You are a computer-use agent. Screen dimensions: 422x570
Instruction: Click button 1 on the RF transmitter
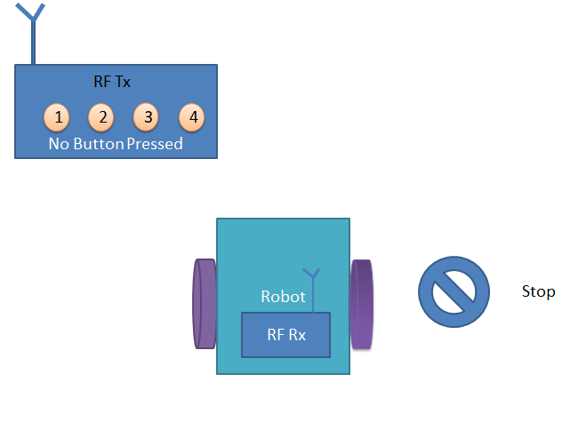pos(58,117)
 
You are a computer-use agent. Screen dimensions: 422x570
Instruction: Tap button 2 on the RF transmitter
pos(102,117)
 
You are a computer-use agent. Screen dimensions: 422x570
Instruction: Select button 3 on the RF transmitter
pos(148,117)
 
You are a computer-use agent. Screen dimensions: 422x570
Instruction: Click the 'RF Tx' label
pos(112,82)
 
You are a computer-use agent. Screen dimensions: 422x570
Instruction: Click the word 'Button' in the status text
pos(98,144)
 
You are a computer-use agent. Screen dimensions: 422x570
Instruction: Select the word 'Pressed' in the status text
pos(155,144)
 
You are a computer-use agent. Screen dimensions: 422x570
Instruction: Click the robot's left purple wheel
pos(205,304)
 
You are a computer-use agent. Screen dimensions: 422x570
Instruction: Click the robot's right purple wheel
pos(361,304)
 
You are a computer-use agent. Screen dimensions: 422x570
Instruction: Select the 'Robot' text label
pos(283,297)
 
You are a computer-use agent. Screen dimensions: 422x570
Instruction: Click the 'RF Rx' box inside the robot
pos(285,335)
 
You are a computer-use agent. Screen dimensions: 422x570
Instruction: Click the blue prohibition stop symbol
pos(454,291)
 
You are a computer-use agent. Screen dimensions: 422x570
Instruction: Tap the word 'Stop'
pos(538,292)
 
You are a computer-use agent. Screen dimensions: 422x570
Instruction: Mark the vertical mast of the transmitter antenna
pos(33,44)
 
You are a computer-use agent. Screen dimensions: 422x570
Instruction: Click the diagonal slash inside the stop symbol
pos(454,291)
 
